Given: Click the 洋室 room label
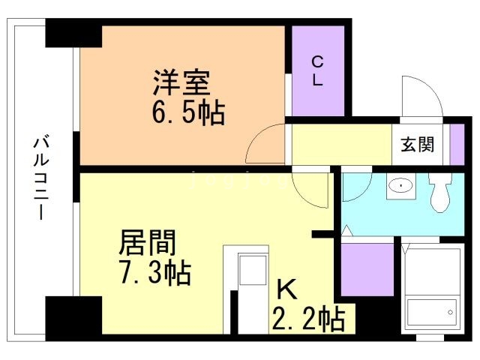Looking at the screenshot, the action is click(x=181, y=82).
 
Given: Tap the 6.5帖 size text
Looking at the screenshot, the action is click(x=188, y=112).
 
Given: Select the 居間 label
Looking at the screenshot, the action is click(x=147, y=242).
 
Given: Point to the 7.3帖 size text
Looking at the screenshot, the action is click(x=155, y=272).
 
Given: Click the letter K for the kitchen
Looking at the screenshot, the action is click(x=286, y=289).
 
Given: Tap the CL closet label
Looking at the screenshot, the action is click(x=317, y=70).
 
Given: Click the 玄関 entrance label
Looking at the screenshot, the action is click(x=417, y=144).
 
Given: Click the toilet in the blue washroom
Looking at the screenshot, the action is click(x=440, y=192).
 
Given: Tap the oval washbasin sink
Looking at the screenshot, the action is click(x=400, y=185).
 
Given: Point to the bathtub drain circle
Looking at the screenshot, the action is click(x=450, y=313).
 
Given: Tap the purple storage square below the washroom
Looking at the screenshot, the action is click(x=367, y=270).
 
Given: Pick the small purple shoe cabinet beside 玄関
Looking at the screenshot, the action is click(x=457, y=145).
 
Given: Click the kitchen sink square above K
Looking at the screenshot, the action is click(x=253, y=270).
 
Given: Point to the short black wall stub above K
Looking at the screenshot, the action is click(x=323, y=234).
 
